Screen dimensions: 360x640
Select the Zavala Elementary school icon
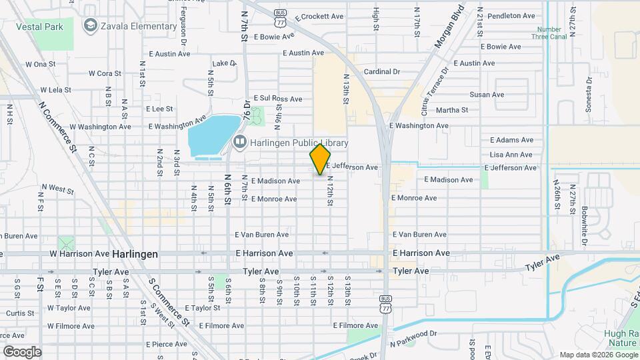(90, 25)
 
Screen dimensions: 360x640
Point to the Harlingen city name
(135, 254)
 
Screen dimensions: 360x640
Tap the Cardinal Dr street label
(381, 71)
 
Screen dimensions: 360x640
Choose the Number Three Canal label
(549, 34)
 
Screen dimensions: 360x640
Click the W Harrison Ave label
(79, 254)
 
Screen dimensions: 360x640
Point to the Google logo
(21, 351)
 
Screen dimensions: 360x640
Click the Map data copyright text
(599, 355)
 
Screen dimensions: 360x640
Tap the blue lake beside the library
(213, 135)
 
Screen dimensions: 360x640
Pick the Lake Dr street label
(224, 64)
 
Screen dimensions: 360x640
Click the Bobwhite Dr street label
(584, 223)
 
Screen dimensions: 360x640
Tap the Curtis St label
(20, 313)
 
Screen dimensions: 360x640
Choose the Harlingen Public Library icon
(239, 142)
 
